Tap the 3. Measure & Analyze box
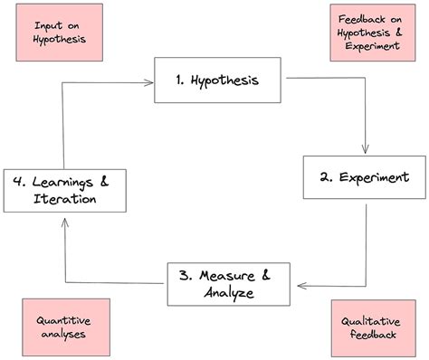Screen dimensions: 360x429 point(231,283)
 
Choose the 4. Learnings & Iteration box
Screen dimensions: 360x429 point(63,190)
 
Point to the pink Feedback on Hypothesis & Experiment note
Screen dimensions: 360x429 point(367,33)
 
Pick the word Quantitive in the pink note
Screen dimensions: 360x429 point(63,319)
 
